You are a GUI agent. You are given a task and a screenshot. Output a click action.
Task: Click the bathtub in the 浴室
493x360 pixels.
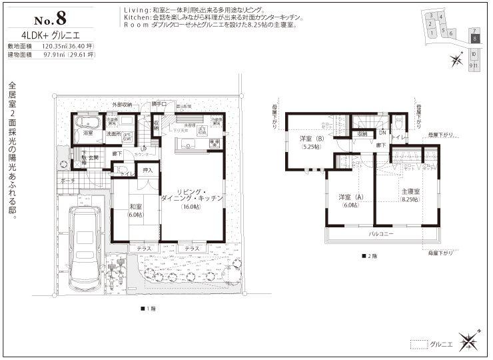(x=88, y=123)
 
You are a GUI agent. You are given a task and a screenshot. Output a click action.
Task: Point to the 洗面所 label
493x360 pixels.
(x=113, y=135)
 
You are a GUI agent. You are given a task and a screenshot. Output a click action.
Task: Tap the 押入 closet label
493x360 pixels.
(x=148, y=171)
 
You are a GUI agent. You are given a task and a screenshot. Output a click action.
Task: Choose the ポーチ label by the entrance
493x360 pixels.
(x=67, y=181)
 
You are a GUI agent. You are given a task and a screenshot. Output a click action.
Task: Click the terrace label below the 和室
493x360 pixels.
(x=144, y=249)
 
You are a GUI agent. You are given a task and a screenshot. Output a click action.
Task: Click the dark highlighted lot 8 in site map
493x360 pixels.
(x=474, y=39)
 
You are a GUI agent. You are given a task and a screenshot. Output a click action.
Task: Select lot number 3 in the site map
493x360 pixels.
(x=432, y=15)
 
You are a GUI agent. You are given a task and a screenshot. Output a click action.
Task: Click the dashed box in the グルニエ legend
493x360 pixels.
(x=418, y=344)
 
